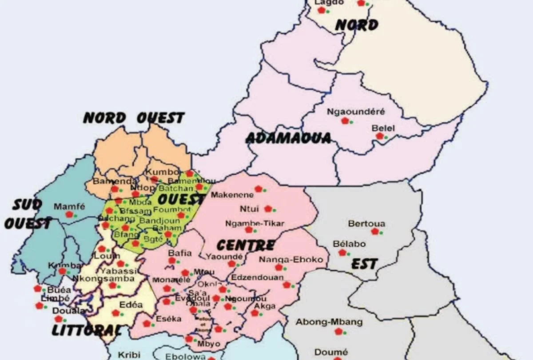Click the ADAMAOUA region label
[x=288, y=138]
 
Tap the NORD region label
[x=356, y=25]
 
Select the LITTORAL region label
[x=87, y=330]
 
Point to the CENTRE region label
[x=245, y=245]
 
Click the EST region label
[x=364, y=264]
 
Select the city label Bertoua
[x=366, y=224]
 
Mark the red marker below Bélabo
[x=342, y=252]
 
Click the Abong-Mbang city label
[x=329, y=322]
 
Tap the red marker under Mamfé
[x=69, y=215]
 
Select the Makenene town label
[x=230, y=195]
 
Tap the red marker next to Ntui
[x=268, y=209]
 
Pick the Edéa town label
[x=131, y=305]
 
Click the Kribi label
[x=129, y=355]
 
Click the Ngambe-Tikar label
[x=255, y=223]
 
